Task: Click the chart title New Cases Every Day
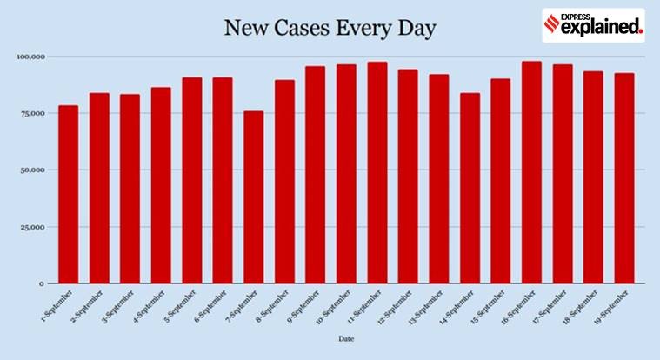(330, 28)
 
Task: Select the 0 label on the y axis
(40, 283)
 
